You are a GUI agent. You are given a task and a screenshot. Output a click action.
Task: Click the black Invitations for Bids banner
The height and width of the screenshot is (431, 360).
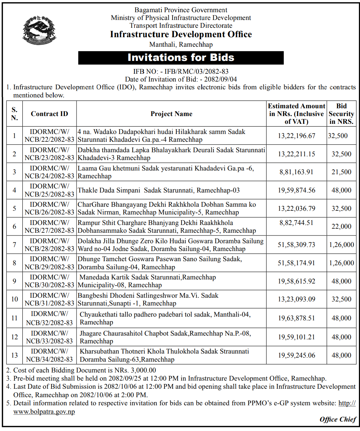pyautogui.click(x=181, y=58)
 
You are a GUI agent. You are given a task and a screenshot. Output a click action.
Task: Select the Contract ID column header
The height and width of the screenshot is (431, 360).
pyautogui.click(x=49, y=114)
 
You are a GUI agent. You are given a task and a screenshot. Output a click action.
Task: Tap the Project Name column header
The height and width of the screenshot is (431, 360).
pyautogui.click(x=171, y=114)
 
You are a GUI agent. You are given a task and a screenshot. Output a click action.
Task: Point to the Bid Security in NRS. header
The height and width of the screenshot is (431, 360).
pyautogui.click(x=341, y=114)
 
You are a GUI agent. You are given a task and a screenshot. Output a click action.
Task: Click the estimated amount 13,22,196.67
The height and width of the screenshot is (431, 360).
pyautogui.click(x=296, y=136)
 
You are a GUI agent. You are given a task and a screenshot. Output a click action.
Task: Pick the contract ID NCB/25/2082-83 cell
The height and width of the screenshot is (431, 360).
pyautogui.click(x=49, y=190)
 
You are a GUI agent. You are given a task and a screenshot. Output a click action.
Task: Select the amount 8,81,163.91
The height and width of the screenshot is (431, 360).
pyautogui.click(x=296, y=172)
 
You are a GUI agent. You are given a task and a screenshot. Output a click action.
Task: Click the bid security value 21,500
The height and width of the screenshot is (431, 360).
pyautogui.click(x=341, y=172)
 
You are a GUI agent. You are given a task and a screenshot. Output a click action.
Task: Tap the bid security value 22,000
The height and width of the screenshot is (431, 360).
pyautogui.click(x=341, y=227)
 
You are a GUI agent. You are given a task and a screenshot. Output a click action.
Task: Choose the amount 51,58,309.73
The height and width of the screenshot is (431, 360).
pyautogui.click(x=296, y=245)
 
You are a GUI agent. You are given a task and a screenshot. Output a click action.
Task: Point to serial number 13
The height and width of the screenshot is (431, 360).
pyautogui.click(x=15, y=355)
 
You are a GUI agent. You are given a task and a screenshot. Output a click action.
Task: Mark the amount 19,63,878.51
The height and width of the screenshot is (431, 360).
pyautogui.click(x=296, y=318)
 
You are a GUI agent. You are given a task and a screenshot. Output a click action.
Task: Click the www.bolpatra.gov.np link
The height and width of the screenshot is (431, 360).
pyautogui.click(x=44, y=412)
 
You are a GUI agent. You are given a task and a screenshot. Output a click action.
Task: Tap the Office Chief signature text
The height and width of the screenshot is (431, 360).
pyautogui.click(x=338, y=419)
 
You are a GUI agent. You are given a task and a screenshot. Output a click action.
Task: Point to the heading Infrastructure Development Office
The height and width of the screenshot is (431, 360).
pyautogui.click(x=181, y=35)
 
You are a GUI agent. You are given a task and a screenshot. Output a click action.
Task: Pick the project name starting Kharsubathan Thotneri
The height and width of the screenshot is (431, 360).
pyautogui.click(x=164, y=355)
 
